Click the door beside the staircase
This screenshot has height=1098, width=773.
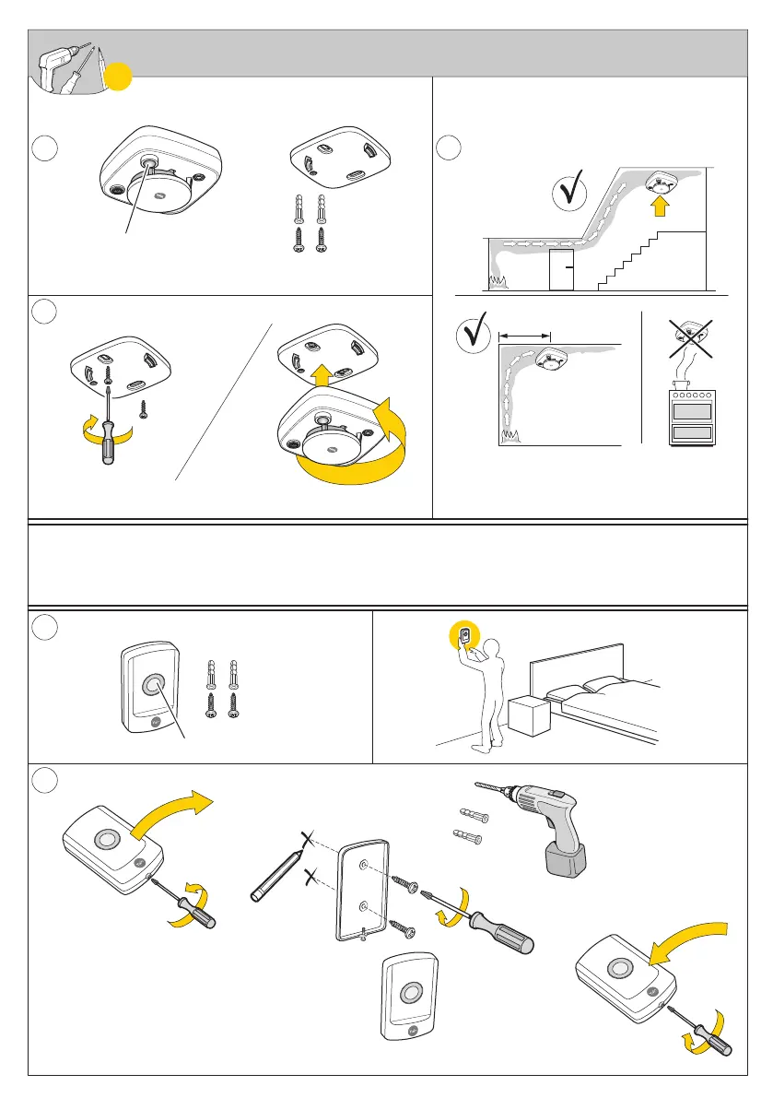point(561,270)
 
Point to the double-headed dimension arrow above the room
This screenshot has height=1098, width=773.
point(523,336)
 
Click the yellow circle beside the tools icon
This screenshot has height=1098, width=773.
point(116,77)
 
